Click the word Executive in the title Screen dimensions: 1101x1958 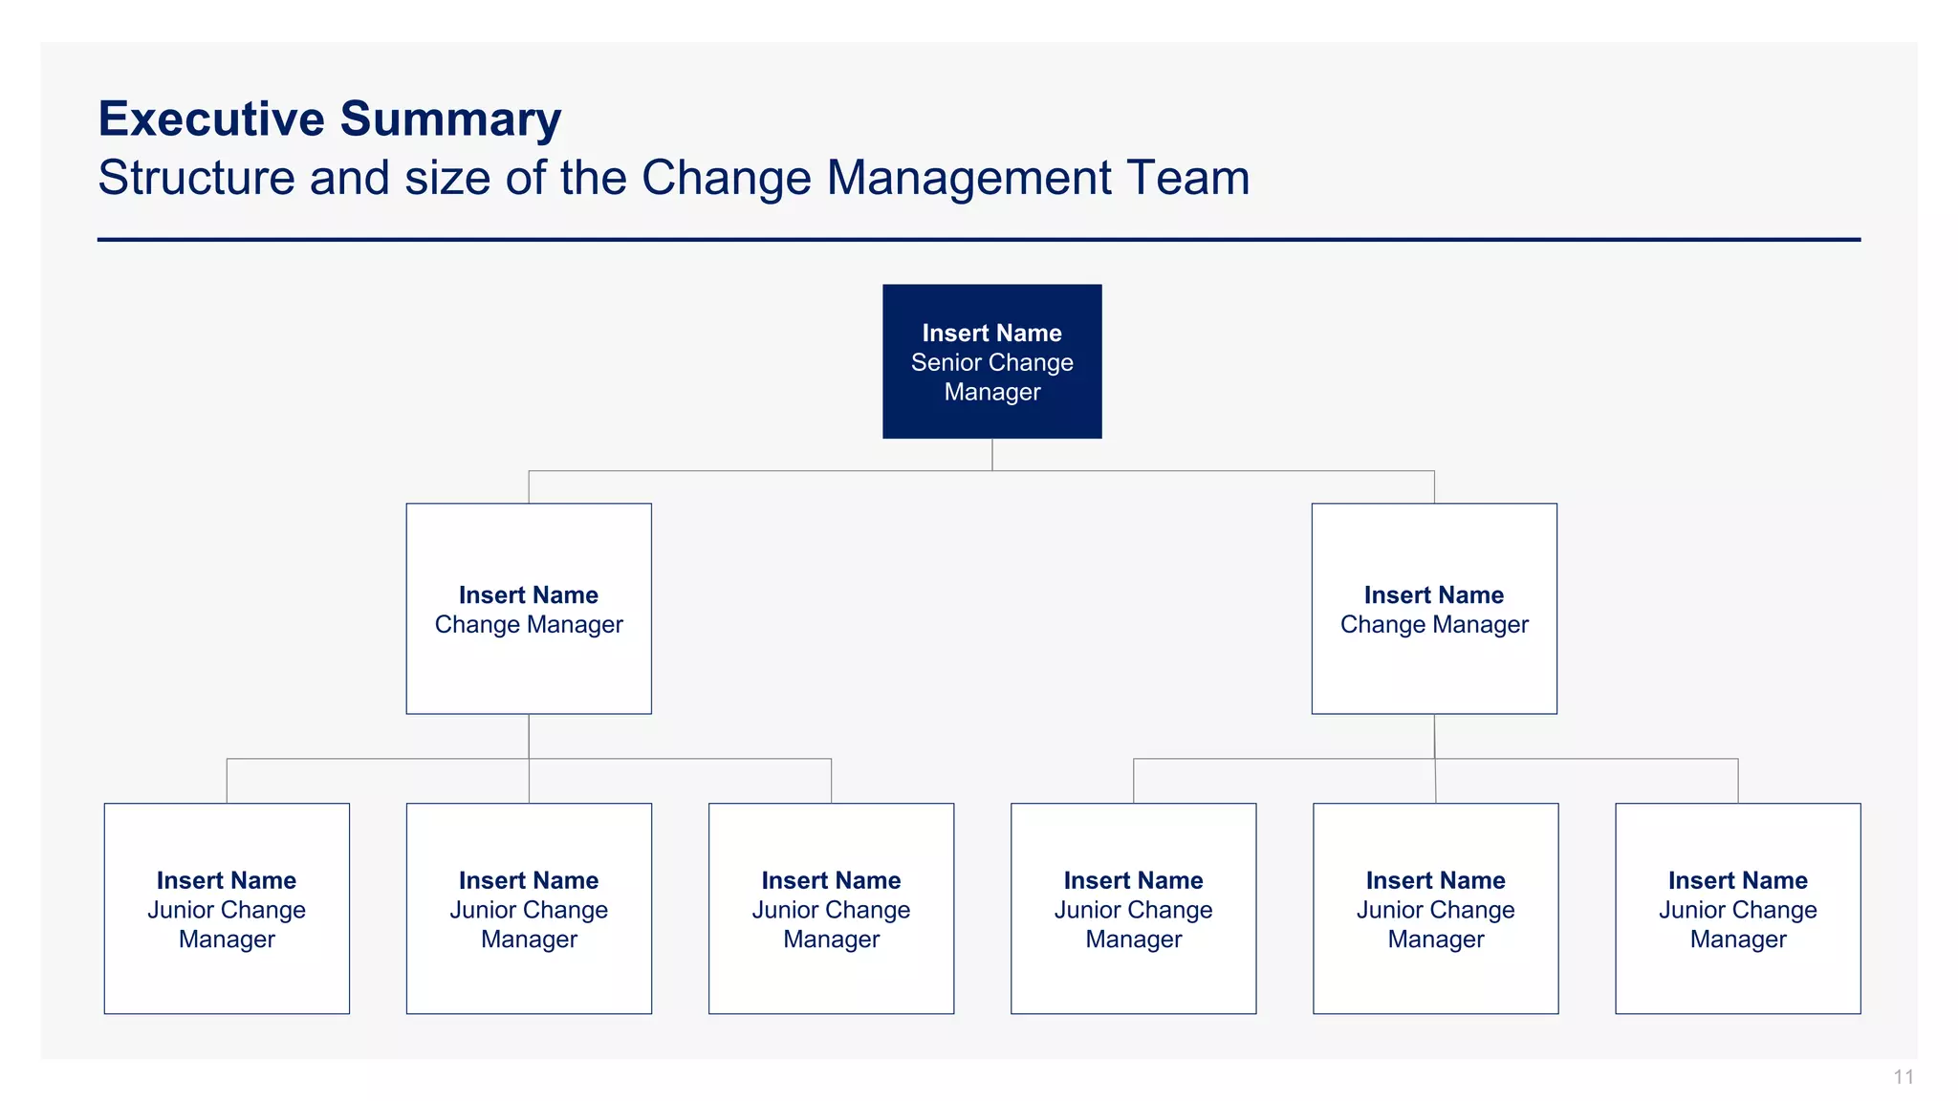(x=211, y=119)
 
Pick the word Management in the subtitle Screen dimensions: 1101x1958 (x=969, y=178)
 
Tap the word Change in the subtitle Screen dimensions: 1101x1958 (x=726, y=178)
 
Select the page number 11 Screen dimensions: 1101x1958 (x=1903, y=1077)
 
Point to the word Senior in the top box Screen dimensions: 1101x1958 (x=945, y=363)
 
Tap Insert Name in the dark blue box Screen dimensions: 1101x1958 (x=991, y=333)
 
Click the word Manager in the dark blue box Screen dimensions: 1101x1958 (x=991, y=393)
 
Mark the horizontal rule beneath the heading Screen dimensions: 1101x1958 (x=978, y=240)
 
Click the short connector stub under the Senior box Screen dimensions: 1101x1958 (x=992, y=454)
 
